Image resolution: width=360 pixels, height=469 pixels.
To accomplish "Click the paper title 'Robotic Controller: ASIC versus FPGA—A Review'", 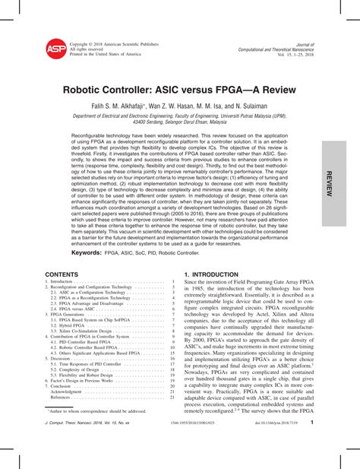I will pyautogui.click(x=179, y=89).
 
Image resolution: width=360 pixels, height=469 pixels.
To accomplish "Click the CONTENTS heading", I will pyautogui.click(x=62, y=274).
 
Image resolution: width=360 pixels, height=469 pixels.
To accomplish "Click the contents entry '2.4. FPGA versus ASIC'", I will pyautogui.click(x=74, y=307).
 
